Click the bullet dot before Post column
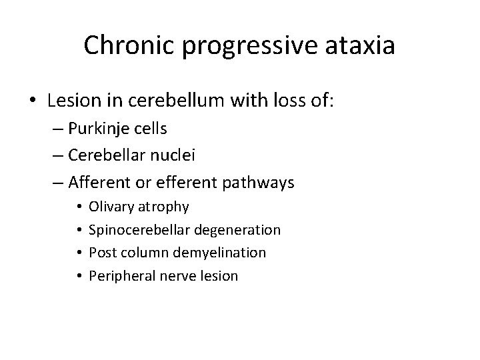(79, 253)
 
